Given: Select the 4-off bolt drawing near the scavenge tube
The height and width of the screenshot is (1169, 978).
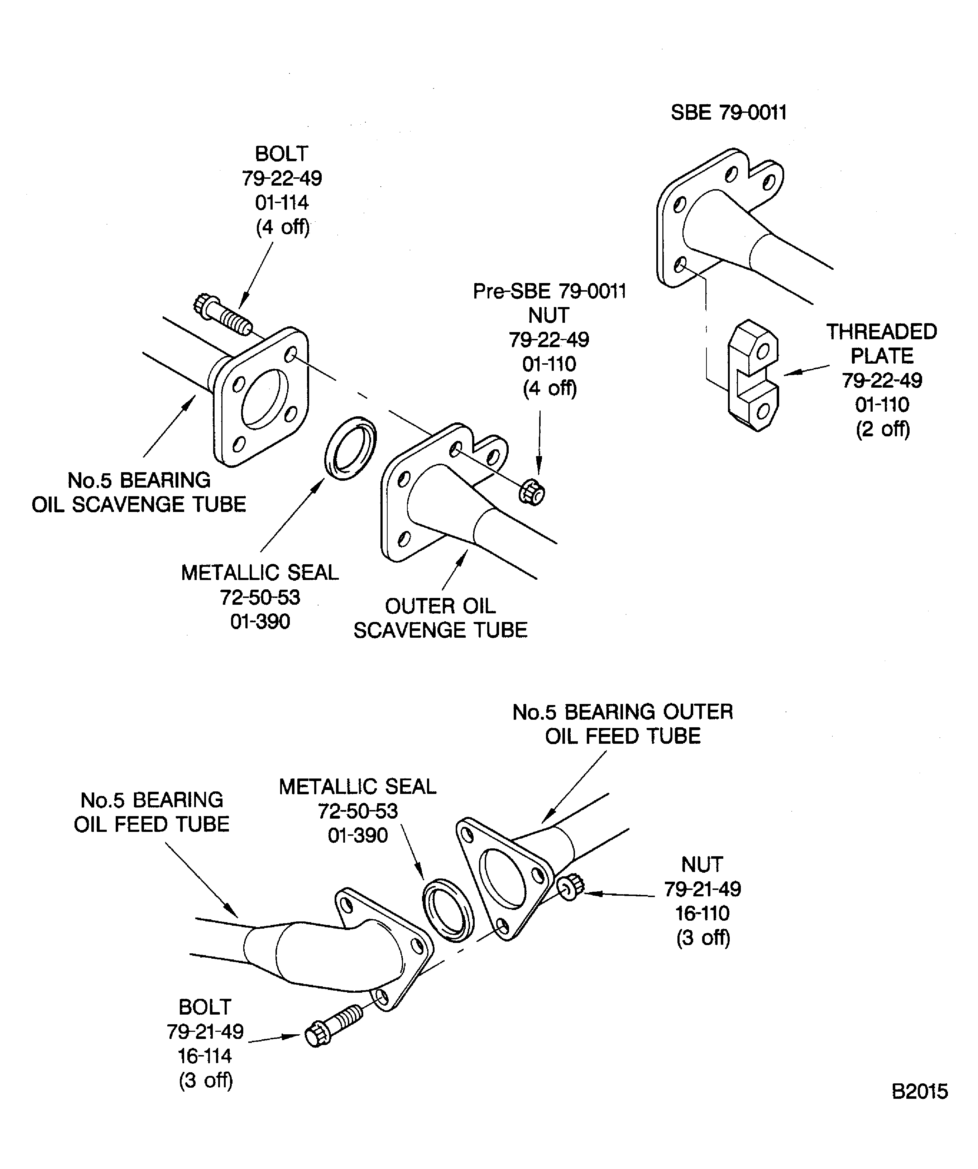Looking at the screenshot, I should pyautogui.click(x=223, y=315).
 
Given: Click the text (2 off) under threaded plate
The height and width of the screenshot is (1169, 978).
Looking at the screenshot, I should pyautogui.click(x=882, y=429).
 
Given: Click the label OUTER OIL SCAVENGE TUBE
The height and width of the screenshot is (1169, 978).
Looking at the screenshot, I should pyautogui.click(x=440, y=618).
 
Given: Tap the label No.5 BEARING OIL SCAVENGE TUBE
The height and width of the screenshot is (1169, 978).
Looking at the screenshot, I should pyautogui.click(x=139, y=493).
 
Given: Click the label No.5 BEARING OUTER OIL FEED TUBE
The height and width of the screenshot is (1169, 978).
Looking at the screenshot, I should pyautogui.click(x=622, y=724).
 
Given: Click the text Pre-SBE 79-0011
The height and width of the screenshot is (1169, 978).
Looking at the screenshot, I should pyautogui.click(x=550, y=291).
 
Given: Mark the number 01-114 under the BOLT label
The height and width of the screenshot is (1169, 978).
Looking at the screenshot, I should pyautogui.click(x=282, y=203).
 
